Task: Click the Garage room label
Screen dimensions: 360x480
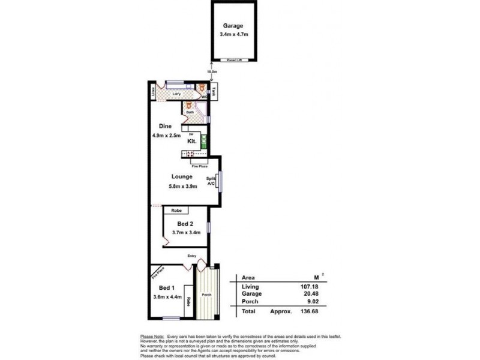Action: (x=233, y=26)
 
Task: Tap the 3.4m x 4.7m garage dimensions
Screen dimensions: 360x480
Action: (x=233, y=35)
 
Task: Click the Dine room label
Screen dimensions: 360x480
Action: (x=166, y=126)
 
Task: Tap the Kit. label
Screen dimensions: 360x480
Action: (x=192, y=142)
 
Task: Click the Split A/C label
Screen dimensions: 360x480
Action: (x=211, y=181)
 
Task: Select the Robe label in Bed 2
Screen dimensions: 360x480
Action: (x=176, y=211)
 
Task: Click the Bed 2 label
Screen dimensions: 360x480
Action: (x=185, y=223)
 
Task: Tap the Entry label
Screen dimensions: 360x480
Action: (x=191, y=256)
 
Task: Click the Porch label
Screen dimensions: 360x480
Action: (x=206, y=295)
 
